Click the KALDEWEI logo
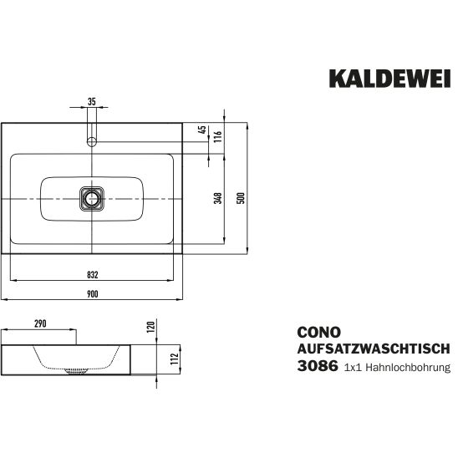point(390,79)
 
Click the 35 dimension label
point(92,102)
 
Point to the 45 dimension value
point(201,130)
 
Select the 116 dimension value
point(218,136)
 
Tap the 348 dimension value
point(218,198)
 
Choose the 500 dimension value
point(241,198)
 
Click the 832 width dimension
point(92,275)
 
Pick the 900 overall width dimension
point(92,294)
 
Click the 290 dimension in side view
point(40,323)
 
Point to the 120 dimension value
point(150,328)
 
